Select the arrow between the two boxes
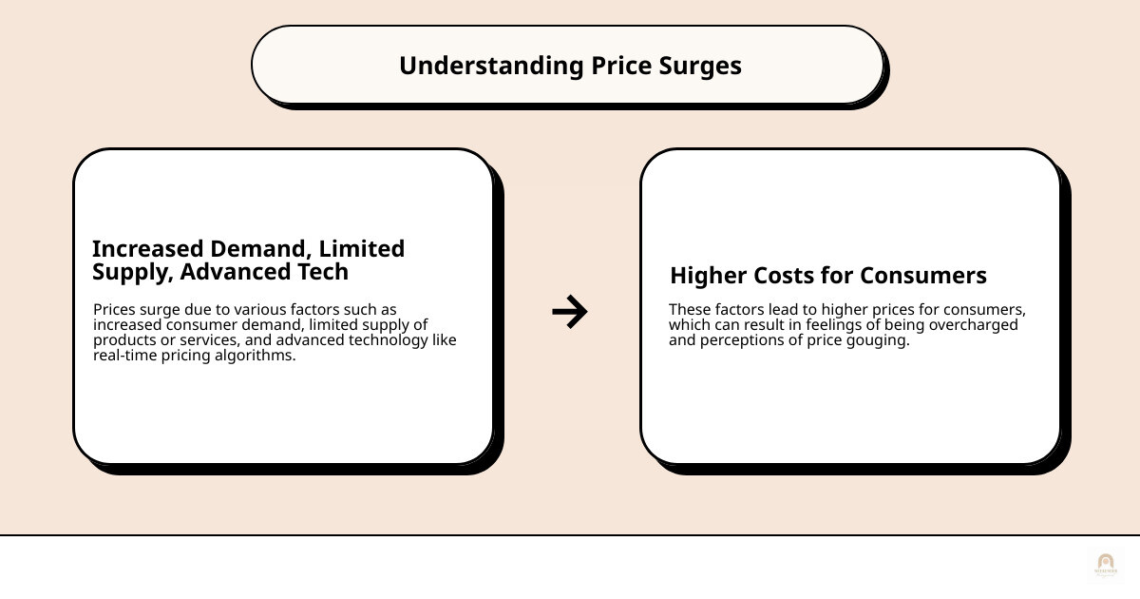570,311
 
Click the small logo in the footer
1105,564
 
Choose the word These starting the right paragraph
689,310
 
